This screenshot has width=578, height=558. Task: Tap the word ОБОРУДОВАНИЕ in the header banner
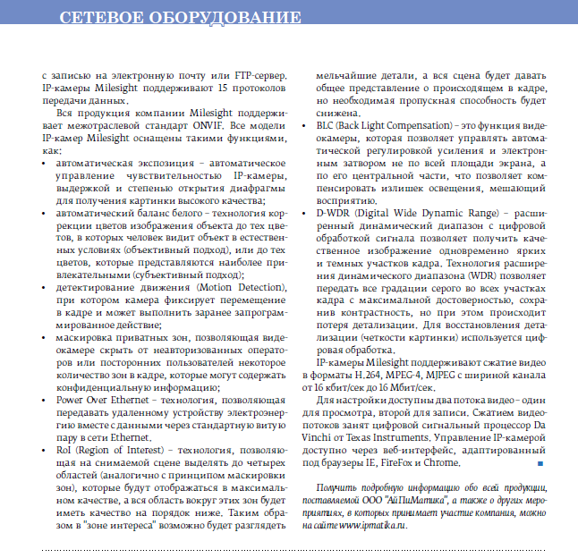(x=224, y=18)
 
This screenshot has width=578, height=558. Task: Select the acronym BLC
(x=326, y=125)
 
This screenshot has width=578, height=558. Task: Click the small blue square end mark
(x=540, y=463)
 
